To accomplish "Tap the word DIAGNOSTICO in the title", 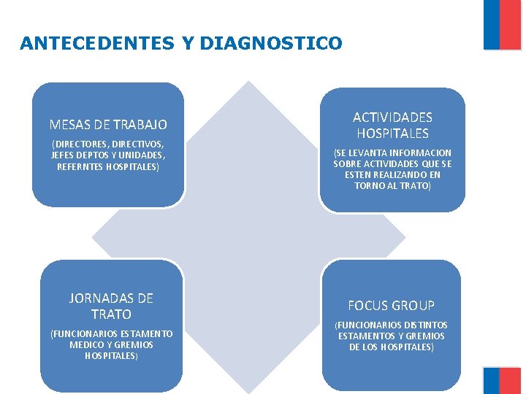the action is click(270, 44).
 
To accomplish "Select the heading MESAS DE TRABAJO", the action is click(108, 125).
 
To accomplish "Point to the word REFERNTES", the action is click(80, 166).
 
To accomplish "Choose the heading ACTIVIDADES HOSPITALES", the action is click(392, 125).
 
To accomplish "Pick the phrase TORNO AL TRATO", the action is click(392, 186).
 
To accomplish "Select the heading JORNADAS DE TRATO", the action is click(111, 306).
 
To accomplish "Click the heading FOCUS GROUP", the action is click(391, 306).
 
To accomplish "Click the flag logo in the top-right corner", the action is click(503, 25).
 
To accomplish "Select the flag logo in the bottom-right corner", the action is click(503, 380).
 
